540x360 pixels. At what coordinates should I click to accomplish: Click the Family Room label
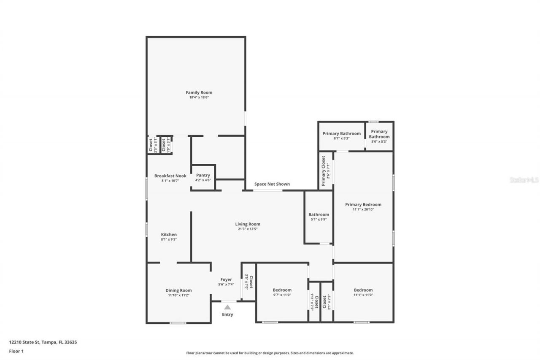tap(199, 92)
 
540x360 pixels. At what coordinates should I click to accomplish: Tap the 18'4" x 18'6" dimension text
tap(199, 97)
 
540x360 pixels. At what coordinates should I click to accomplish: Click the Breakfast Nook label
tap(170, 176)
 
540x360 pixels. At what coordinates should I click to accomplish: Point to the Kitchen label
tap(169, 235)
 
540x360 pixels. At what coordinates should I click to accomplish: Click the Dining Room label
tap(178, 290)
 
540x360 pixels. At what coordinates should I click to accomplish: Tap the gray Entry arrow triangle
tap(227, 307)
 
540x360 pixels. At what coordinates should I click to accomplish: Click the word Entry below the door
tap(227, 314)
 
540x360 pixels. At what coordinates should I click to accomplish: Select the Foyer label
tap(226, 279)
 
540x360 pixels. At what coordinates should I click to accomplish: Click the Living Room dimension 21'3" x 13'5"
tap(248, 229)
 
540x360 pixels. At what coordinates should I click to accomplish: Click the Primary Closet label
tap(324, 171)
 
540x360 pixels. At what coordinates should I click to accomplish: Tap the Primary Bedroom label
tap(363, 205)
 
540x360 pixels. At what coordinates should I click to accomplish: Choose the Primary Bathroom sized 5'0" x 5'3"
tap(379, 134)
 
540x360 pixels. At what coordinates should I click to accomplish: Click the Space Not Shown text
tap(272, 184)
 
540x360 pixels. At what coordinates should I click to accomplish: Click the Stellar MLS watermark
tap(524, 180)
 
